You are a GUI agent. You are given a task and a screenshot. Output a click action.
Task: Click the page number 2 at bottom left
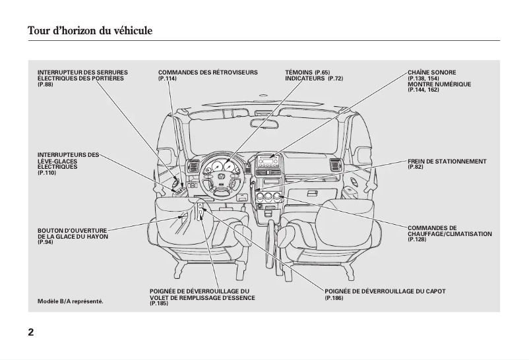coord(31,332)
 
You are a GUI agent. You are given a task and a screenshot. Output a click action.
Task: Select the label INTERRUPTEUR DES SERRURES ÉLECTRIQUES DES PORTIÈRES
coord(82,75)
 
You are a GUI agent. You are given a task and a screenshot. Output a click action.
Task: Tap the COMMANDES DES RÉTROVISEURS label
coord(208,72)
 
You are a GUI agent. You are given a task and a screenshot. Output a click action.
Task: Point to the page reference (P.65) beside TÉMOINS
coord(322,72)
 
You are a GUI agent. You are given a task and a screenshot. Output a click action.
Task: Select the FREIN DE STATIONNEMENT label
coord(447,161)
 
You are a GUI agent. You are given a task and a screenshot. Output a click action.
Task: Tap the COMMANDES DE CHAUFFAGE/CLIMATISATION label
coord(449,231)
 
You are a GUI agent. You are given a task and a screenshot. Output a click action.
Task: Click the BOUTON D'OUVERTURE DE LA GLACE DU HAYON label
coord(73,233)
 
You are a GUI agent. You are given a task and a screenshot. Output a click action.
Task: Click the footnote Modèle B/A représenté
coord(71,301)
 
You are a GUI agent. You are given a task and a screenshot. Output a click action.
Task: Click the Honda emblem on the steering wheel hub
coord(221,177)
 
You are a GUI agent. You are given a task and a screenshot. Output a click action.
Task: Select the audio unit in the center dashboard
coord(269,163)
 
